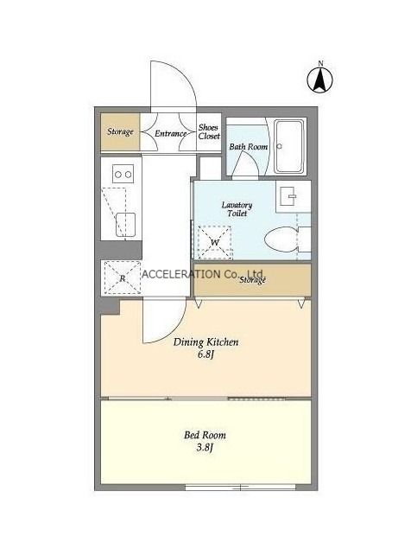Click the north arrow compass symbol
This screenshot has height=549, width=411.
pyautogui.click(x=320, y=80)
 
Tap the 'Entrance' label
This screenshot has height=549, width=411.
pyautogui.click(x=170, y=133)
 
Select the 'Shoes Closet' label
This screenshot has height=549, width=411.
pyautogui.click(x=209, y=131)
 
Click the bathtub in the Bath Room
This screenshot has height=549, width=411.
pyautogui.click(x=289, y=146)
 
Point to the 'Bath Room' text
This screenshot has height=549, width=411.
pyautogui.click(x=249, y=147)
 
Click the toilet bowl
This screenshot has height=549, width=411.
pyautogui.click(x=281, y=239)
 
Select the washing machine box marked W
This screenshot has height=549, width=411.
pyautogui.click(x=214, y=243)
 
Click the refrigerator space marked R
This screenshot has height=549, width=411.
pyautogui.click(x=122, y=278)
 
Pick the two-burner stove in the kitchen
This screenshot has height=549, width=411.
pyautogui.click(x=123, y=174)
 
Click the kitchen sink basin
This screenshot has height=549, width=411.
pyautogui.click(x=125, y=225)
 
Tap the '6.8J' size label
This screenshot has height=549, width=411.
pyautogui.click(x=205, y=354)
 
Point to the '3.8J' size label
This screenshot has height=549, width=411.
pyautogui.click(x=205, y=447)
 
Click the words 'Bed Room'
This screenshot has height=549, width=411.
pyautogui.click(x=205, y=435)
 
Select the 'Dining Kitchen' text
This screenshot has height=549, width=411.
pyautogui.click(x=206, y=342)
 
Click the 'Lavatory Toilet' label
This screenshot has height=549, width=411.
pyautogui.click(x=237, y=209)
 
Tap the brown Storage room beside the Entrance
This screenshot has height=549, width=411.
pyautogui.click(x=120, y=131)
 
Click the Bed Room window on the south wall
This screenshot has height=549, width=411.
pyautogui.click(x=241, y=487)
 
